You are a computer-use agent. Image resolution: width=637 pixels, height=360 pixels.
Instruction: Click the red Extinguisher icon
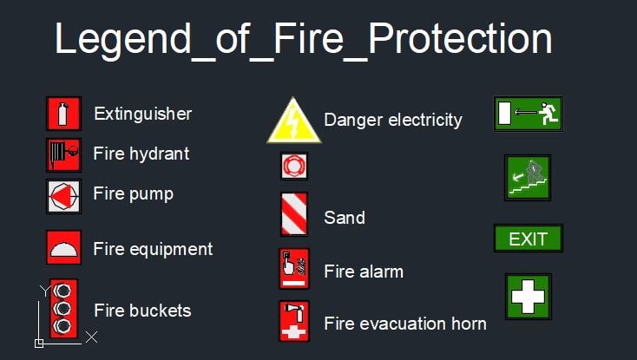coord(62,114)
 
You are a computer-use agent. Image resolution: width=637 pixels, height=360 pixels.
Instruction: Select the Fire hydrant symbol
coord(62,154)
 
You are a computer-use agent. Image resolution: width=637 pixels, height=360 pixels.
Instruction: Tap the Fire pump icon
coord(63,196)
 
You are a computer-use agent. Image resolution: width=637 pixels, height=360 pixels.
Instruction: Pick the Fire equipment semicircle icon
coord(63,247)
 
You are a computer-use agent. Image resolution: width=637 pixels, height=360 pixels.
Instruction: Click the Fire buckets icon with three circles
coord(63,308)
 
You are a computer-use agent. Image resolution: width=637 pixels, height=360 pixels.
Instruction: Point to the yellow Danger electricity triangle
coord(293,122)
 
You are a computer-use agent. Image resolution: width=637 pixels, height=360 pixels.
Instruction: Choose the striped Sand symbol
coord(294,214)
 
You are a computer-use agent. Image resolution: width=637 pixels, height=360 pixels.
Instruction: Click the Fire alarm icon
coord(294,269)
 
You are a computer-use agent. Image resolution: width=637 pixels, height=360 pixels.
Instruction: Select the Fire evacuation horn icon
coord(294,321)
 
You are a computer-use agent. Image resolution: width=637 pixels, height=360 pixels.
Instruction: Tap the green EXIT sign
coord(528,239)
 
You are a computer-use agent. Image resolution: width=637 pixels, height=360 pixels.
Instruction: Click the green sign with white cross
coord(528,297)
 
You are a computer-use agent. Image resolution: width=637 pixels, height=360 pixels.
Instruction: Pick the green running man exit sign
coord(528,114)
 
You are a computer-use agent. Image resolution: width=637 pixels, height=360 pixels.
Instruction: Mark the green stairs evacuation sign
coord(528,177)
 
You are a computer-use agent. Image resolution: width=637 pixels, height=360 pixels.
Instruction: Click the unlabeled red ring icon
coord(294,165)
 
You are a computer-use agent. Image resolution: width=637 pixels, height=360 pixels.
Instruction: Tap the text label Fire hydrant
coord(141,154)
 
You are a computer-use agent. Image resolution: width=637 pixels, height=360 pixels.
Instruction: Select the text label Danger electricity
coord(393,120)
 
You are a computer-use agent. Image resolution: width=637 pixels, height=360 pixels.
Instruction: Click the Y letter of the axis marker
coord(45,291)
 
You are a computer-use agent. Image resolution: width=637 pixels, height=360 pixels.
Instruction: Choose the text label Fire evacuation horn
coord(404,324)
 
